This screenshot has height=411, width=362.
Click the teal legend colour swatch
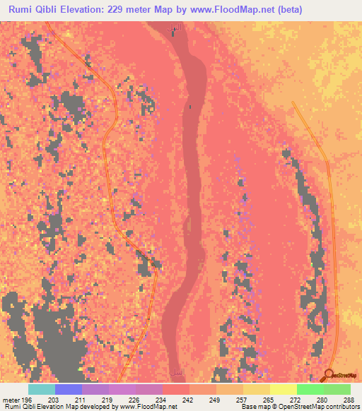tap(42, 389)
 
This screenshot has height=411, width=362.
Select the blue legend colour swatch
tap(69, 389)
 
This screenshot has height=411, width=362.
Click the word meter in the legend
tap(10, 399)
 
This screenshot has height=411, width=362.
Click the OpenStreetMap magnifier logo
tap(330, 374)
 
